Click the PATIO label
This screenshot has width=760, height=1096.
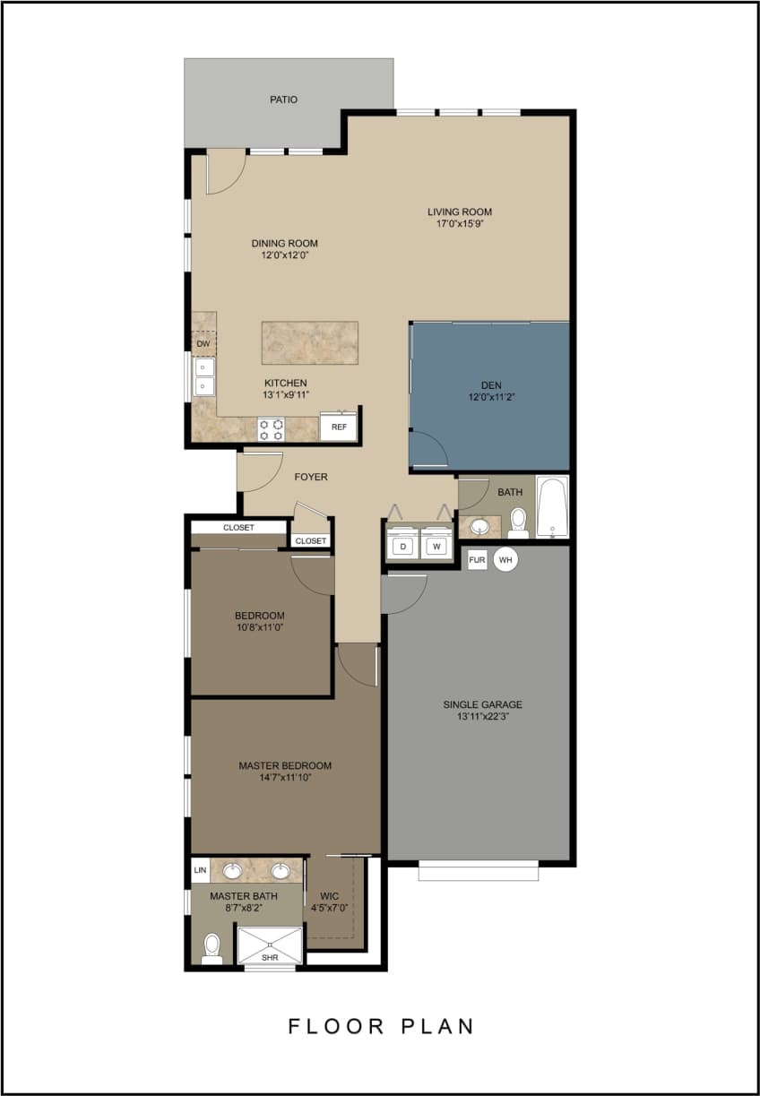(x=283, y=99)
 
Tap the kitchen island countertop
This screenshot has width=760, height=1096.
(x=309, y=342)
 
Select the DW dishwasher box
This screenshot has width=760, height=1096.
(x=203, y=343)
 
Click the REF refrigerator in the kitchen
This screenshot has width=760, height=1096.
(x=339, y=427)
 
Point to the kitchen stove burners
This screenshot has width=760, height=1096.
(x=272, y=429)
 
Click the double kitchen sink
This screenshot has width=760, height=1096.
(x=204, y=376)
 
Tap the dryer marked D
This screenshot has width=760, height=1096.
(x=403, y=546)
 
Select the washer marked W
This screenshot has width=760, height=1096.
(x=436, y=546)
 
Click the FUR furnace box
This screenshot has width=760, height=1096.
(x=477, y=559)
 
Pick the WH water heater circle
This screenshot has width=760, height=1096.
(x=505, y=559)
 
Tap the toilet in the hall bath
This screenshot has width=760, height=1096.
(x=517, y=522)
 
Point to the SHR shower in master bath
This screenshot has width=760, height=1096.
(x=270, y=945)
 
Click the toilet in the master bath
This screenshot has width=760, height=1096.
(x=212, y=948)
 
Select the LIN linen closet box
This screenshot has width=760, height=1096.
(x=200, y=870)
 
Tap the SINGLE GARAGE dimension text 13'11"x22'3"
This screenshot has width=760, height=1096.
(x=482, y=717)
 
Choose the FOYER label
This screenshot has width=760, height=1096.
(x=311, y=477)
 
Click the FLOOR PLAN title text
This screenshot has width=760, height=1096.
(x=381, y=1026)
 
